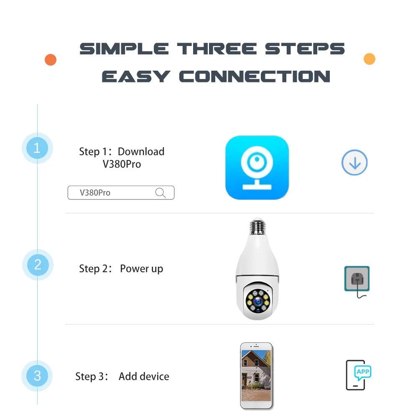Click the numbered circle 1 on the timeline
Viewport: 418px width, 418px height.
(37, 148)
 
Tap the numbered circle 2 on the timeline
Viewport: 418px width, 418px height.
(38, 265)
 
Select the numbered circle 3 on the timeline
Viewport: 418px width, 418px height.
(37, 376)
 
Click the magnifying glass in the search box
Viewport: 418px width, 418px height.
(161, 192)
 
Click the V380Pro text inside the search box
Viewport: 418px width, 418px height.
(95, 192)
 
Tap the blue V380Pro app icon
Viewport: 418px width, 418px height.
(257, 168)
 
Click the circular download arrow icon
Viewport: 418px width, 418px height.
(354, 162)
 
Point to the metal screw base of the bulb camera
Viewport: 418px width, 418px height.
(257, 227)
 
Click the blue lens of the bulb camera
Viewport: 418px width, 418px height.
(258, 301)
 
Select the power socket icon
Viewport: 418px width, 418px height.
(357, 279)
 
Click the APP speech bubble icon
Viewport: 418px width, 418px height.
(363, 372)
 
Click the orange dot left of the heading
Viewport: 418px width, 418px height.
(51, 60)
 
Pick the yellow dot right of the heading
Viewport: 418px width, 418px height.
(369, 59)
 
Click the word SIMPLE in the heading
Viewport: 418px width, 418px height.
(124, 49)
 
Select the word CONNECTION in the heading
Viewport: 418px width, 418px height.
(255, 76)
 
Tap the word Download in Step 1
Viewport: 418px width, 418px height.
(141, 151)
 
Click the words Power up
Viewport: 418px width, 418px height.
(142, 269)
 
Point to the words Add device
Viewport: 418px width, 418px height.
(144, 377)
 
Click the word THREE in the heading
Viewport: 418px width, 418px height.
(217, 49)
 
